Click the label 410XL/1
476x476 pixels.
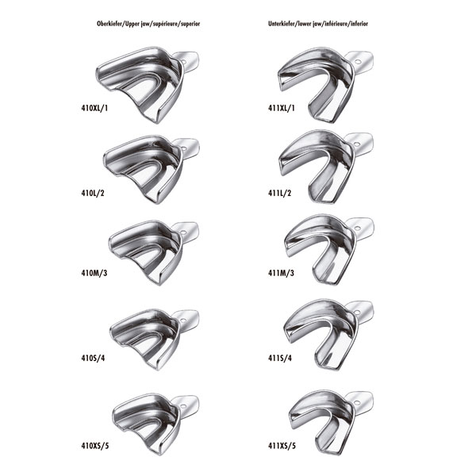click(x=94, y=108)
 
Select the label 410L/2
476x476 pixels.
click(x=93, y=193)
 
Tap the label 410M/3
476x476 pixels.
click(x=94, y=273)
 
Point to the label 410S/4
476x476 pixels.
click(x=93, y=358)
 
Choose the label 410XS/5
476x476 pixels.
click(x=95, y=446)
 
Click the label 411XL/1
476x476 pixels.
click(x=282, y=108)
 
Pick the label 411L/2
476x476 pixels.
click(x=279, y=193)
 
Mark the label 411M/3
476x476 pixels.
click(x=281, y=273)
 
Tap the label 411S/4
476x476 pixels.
click(x=280, y=358)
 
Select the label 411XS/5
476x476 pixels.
click(x=282, y=446)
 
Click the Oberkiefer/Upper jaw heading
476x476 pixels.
click(x=148, y=24)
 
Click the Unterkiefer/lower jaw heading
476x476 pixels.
click(x=318, y=24)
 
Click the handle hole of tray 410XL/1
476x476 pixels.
click(x=185, y=63)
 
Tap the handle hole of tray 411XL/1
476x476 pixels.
click(x=359, y=62)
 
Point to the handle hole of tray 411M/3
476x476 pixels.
click(x=359, y=228)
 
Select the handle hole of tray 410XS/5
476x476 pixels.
click(x=183, y=406)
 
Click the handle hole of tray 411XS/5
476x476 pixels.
click(x=358, y=403)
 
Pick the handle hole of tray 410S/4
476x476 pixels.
click(x=183, y=321)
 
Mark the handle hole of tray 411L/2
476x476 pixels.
click(x=359, y=144)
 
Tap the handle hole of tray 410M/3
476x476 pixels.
click(x=184, y=232)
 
